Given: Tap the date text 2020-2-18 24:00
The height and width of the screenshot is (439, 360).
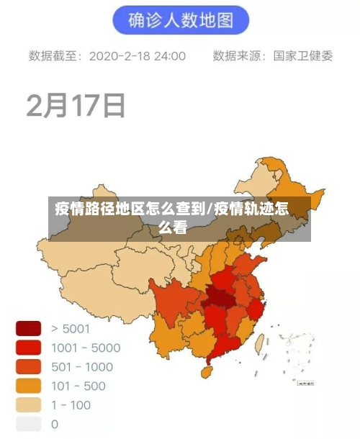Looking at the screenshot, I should pyautogui.click(x=138, y=56).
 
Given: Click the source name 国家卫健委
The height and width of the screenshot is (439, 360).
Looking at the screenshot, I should pyautogui.click(x=303, y=56).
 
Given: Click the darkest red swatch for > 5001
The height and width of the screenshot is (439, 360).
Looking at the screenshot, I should pyautogui.click(x=28, y=329).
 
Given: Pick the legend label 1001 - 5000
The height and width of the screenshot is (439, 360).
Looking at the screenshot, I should pyautogui.click(x=86, y=348).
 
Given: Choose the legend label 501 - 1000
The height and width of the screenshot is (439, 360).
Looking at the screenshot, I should pyautogui.click(x=82, y=367).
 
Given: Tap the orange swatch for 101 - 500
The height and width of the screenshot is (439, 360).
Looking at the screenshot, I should pyautogui.click(x=28, y=386).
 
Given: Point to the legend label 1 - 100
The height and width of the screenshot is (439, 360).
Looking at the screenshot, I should pyautogui.click(x=71, y=405).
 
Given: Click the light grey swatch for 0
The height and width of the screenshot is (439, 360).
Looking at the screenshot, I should pyautogui.click(x=28, y=424).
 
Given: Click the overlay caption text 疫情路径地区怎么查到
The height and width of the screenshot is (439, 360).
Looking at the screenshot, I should pyautogui.click(x=130, y=210).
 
